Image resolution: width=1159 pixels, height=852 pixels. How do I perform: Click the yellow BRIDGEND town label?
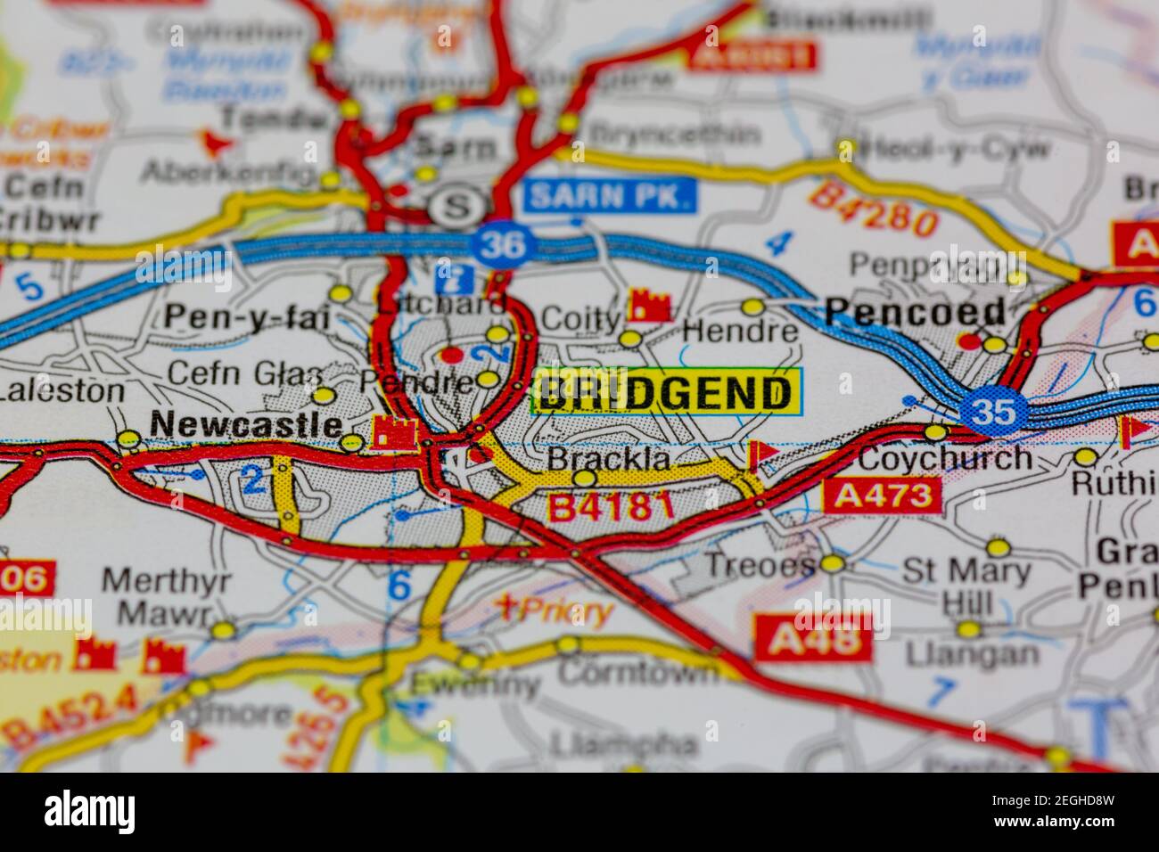pyautogui.click(x=666, y=392)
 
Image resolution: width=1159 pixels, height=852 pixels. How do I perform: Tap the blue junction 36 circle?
pyautogui.click(x=505, y=244)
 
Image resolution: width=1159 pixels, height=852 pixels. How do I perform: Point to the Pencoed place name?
pyautogui.click(x=915, y=312)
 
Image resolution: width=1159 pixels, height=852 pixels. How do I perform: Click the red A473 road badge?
pyautogui.click(x=883, y=496)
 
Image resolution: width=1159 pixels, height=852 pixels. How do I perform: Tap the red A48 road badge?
pyautogui.click(x=813, y=638)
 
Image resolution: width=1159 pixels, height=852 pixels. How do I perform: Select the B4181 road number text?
pyautogui.click(x=610, y=507)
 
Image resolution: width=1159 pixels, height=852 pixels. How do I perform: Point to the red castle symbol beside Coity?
pyautogui.click(x=649, y=305)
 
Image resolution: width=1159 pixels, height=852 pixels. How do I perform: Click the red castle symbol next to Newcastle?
pyautogui.click(x=393, y=433)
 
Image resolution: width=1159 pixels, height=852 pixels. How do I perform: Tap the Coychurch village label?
pyautogui.click(x=944, y=458)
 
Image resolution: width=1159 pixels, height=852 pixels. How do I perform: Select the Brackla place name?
pyautogui.click(x=608, y=458)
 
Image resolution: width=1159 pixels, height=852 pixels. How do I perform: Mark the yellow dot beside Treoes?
pyautogui.click(x=833, y=563)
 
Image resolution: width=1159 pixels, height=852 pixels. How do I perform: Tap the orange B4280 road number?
pyautogui.click(x=873, y=209)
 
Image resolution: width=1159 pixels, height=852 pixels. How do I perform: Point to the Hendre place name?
pyautogui.click(x=741, y=332)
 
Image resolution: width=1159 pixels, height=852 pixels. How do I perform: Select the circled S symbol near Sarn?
pyautogui.click(x=456, y=208)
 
